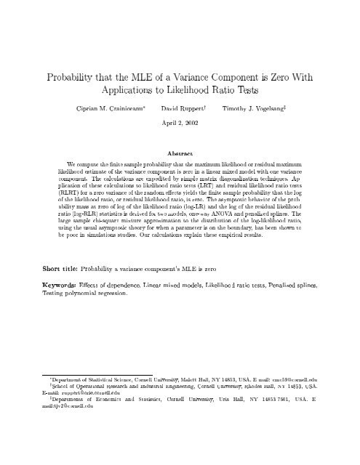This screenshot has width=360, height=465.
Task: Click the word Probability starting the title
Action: (69, 78)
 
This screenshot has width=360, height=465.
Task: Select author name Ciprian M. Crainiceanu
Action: (106, 109)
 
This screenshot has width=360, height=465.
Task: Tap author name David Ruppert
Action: (180, 109)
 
